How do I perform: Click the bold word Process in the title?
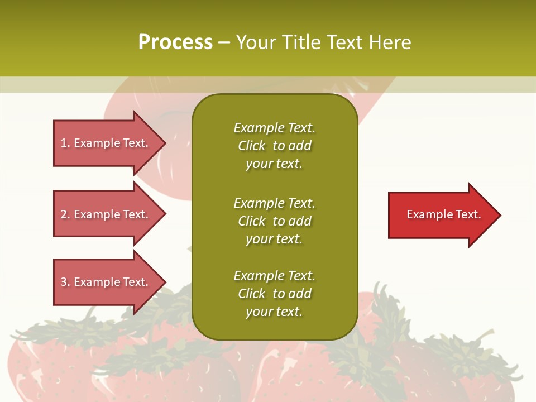(x=175, y=42)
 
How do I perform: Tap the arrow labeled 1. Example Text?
(x=106, y=143)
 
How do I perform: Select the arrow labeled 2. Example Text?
(x=106, y=214)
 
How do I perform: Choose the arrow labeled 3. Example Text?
(x=106, y=282)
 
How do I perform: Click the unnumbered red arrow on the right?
(x=441, y=215)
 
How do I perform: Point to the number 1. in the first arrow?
(x=65, y=143)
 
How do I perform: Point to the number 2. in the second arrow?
(x=65, y=214)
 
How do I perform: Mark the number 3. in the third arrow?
(x=65, y=282)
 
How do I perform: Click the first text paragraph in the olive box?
(x=274, y=146)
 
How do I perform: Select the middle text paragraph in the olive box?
(x=274, y=221)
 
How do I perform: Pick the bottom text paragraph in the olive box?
(x=274, y=294)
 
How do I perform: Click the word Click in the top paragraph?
(x=252, y=146)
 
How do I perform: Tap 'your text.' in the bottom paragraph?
(x=274, y=312)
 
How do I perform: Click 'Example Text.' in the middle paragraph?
(x=274, y=203)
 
